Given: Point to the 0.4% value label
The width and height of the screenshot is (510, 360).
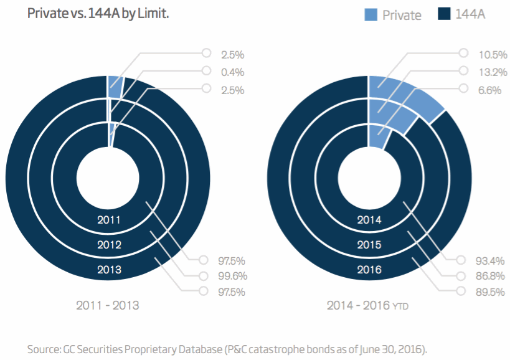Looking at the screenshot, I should coord(233,72).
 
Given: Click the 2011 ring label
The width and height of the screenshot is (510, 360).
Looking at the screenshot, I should coord(109,220).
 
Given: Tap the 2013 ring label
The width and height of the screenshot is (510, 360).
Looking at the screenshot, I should coord(109,270).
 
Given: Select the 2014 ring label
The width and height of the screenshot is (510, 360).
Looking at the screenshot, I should coord(369,220).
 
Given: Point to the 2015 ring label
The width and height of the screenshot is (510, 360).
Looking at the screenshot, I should coord(369,245).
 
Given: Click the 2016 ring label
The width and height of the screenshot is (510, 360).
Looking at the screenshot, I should coord(369,270).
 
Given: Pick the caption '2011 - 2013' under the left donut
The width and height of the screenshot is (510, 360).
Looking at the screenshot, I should coord(107,306).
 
